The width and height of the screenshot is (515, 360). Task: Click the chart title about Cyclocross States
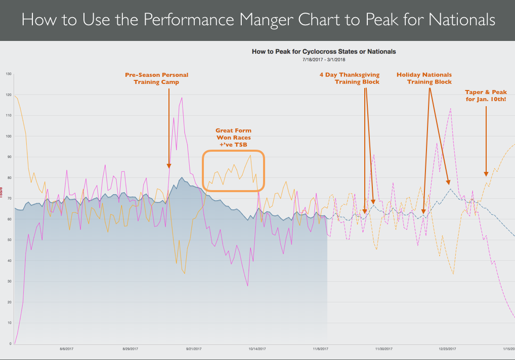pyautogui.click(x=324, y=52)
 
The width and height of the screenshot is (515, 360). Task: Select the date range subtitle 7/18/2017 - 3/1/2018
pyautogui.click(x=324, y=59)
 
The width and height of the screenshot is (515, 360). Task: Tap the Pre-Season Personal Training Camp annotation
pyautogui.click(x=156, y=78)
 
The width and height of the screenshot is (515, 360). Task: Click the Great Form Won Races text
pyautogui.click(x=233, y=138)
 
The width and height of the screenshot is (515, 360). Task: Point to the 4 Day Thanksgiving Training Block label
pyautogui.click(x=349, y=78)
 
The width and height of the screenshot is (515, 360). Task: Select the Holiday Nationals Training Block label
pyautogui.click(x=424, y=78)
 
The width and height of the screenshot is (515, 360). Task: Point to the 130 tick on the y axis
pyautogui.click(x=9, y=74)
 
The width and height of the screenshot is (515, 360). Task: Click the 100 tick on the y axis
pyautogui.click(x=9, y=136)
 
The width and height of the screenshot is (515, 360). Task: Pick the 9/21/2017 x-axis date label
pyautogui.click(x=194, y=348)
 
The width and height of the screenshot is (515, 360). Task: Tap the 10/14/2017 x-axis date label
pyautogui.click(x=257, y=348)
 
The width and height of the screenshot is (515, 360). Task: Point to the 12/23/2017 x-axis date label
pyautogui.click(x=447, y=348)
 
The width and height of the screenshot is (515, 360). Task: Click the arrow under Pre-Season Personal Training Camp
pyautogui.click(x=169, y=126)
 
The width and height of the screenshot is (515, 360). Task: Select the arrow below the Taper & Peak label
pyautogui.click(x=486, y=142)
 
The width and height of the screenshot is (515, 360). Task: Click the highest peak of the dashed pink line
pyautogui.click(x=450, y=108)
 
